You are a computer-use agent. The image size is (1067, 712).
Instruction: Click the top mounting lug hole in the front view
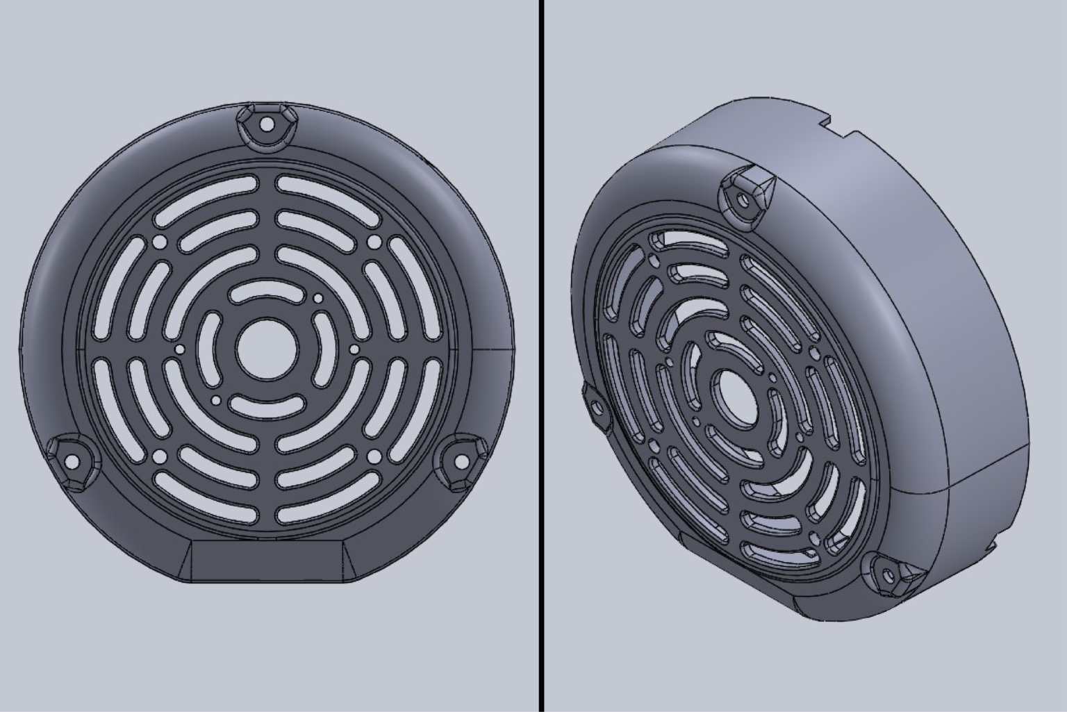tap(267, 126)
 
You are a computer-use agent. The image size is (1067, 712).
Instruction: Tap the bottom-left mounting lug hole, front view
tap(71, 461)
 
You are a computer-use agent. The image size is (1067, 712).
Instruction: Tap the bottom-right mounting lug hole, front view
tap(461, 461)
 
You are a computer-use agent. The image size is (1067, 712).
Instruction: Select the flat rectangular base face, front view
tap(267, 560)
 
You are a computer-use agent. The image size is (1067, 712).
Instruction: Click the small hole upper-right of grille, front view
tap(374, 242)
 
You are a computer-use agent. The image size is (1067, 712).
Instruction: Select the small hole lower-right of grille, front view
tap(374, 456)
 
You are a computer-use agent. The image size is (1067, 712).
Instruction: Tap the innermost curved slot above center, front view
tap(267, 292)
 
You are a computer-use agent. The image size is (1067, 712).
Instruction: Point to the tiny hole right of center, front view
tap(354, 349)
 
